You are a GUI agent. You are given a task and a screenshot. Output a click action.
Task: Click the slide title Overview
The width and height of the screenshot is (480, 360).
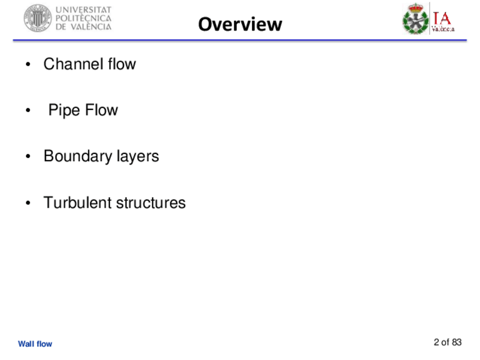240,24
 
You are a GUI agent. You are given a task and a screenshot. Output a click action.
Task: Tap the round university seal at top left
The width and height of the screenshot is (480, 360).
37,18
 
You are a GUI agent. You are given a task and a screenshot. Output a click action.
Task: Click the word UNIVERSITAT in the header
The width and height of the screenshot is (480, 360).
83,10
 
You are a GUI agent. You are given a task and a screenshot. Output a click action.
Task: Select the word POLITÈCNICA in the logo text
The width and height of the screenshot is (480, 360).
83,18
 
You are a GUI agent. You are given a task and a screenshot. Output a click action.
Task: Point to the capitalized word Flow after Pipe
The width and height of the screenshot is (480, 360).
101,110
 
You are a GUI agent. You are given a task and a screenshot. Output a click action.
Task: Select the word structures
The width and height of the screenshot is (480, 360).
151,203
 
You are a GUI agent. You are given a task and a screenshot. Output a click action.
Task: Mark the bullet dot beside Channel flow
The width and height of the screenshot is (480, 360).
27,65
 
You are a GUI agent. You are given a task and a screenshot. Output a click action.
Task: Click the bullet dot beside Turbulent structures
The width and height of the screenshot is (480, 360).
27,203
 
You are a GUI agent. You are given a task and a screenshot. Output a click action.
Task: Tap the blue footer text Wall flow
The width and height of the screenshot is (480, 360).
35,344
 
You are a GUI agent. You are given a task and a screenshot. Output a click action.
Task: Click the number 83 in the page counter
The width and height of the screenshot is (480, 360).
457,342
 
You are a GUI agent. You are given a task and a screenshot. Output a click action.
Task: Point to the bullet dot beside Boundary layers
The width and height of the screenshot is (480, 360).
27,157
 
